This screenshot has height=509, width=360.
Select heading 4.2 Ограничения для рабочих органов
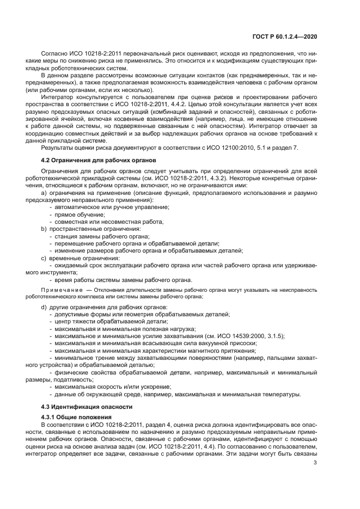(x=99, y=160)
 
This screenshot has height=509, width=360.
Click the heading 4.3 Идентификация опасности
(x=89, y=407)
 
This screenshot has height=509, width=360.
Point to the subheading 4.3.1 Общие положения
(x=81, y=416)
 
